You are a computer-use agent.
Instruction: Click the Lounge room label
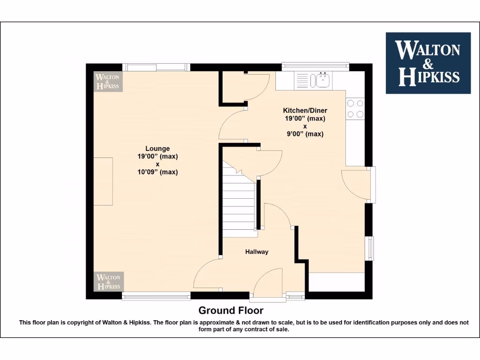click(x=157, y=149)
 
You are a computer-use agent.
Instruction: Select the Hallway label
click(x=257, y=252)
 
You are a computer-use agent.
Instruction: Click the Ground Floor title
click(x=231, y=310)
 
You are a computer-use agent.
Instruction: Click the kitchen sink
click(x=322, y=80)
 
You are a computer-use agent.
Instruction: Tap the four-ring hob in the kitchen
click(x=355, y=109)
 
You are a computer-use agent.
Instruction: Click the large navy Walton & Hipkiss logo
click(x=427, y=63)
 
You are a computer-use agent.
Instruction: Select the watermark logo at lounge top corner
click(x=108, y=82)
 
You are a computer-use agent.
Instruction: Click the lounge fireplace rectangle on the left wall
click(x=103, y=181)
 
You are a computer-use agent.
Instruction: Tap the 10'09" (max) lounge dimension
click(x=157, y=172)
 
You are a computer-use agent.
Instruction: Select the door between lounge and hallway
click(x=206, y=274)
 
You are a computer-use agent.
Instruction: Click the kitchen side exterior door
click(x=356, y=184)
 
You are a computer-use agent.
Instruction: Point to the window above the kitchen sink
click(x=315, y=66)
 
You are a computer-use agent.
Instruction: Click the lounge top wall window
click(x=156, y=67)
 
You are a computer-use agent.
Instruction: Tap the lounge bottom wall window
click(x=156, y=295)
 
